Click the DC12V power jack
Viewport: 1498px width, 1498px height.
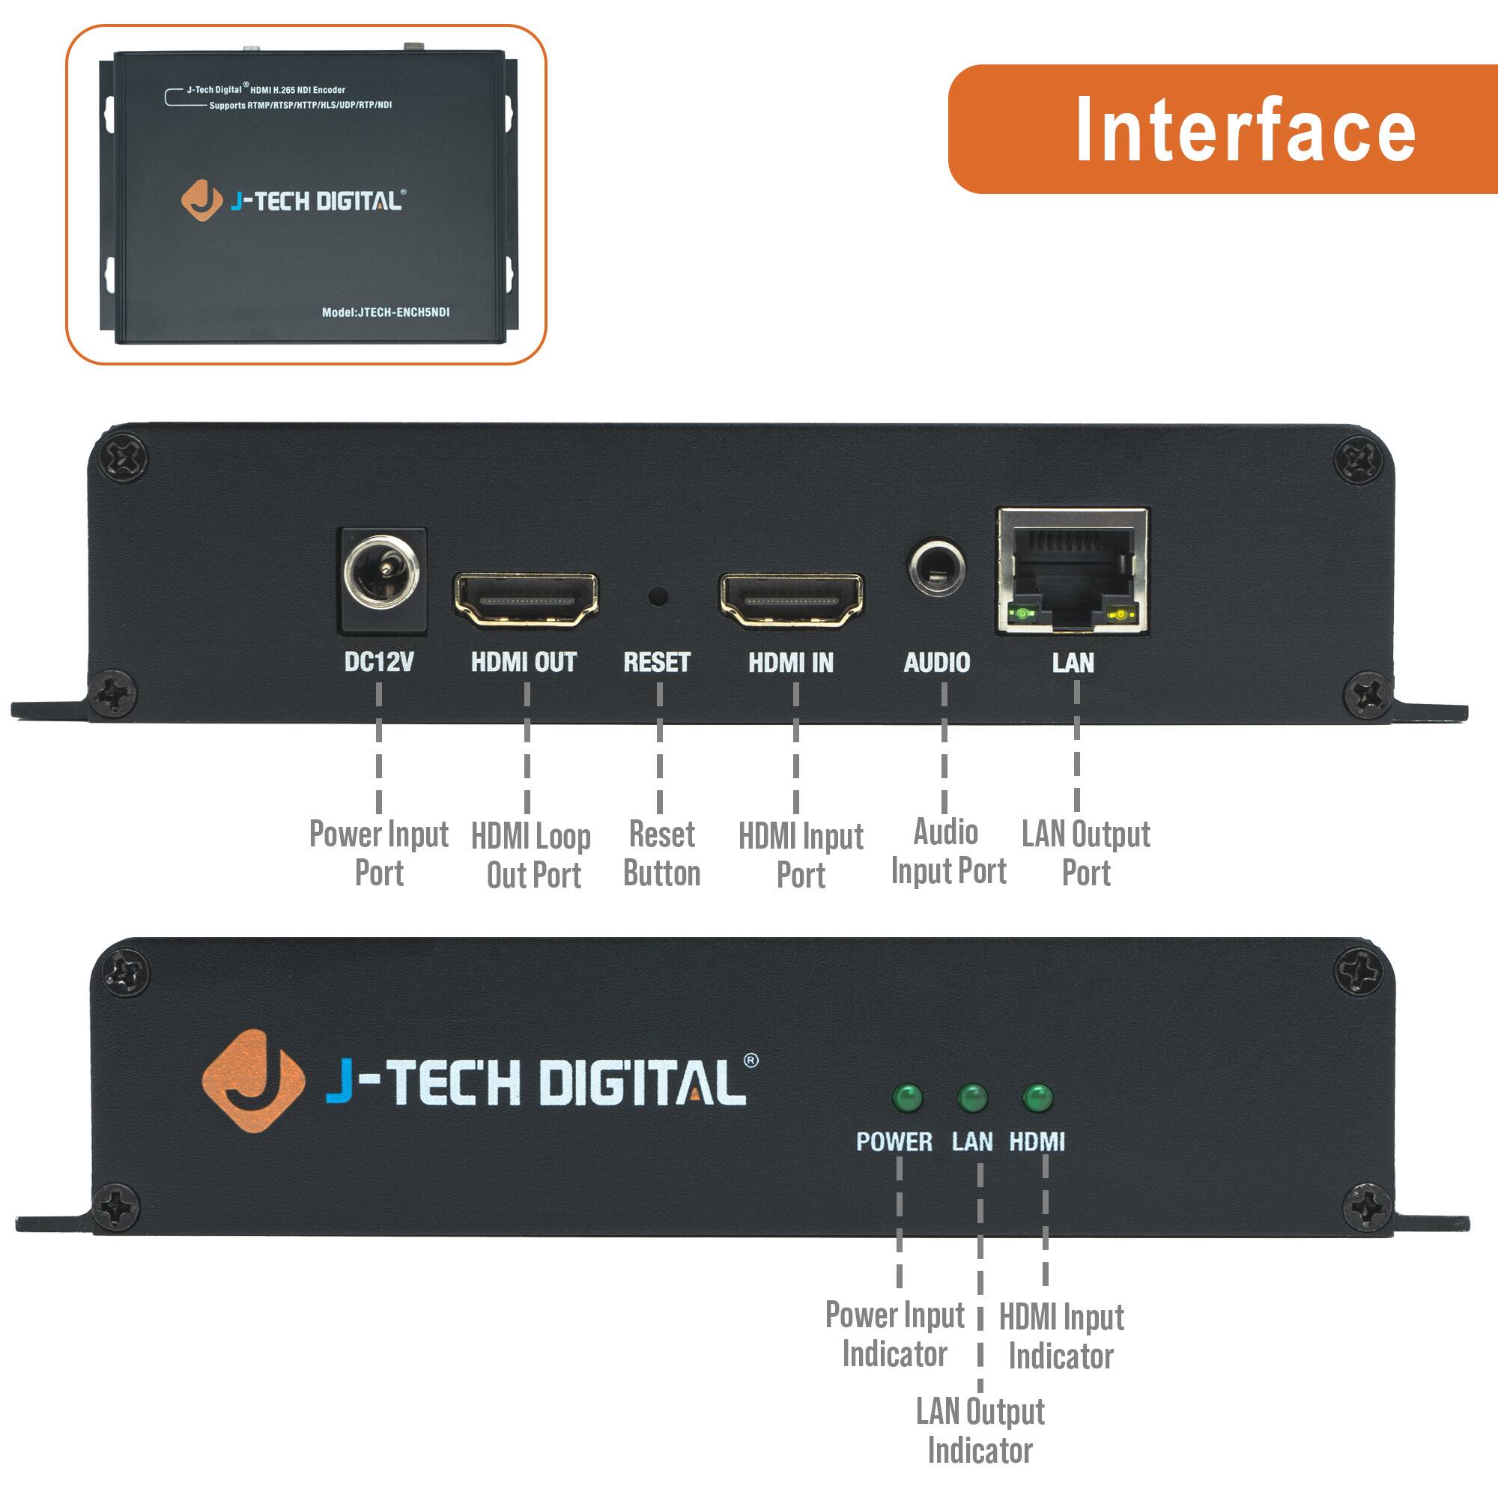[381, 574]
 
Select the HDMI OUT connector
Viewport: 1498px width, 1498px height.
[526, 598]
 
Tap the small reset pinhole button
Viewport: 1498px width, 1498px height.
[658, 596]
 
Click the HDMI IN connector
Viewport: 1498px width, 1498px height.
[791, 599]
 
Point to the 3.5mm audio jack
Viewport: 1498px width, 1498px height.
[937, 568]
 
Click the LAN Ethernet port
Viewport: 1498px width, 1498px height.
[1073, 572]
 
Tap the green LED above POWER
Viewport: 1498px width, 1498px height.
[907, 1098]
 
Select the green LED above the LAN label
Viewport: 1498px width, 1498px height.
[972, 1098]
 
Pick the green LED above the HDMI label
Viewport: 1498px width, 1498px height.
[1037, 1098]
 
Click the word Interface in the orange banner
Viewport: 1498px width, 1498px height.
[1246, 130]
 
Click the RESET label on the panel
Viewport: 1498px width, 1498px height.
[657, 662]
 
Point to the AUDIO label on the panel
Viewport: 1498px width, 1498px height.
[937, 662]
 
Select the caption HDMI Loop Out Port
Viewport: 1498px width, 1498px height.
[532, 855]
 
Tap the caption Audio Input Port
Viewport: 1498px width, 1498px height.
[947, 852]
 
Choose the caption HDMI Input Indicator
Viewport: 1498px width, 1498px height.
[1061, 1336]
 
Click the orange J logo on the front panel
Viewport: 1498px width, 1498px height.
[252, 1080]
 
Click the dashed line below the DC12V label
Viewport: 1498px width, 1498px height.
[378, 748]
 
